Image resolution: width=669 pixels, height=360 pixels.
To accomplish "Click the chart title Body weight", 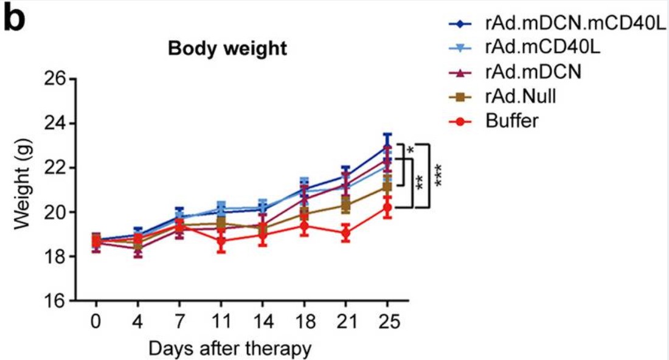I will click(x=227, y=49).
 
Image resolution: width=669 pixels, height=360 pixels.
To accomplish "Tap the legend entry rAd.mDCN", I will click(x=533, y=72).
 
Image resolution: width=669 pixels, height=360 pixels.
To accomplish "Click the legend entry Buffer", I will click(x=511, y=120).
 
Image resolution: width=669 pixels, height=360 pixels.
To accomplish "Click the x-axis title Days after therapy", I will click(x=230, y=348).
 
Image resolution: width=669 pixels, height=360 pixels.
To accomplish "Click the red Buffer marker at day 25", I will click(x=387, y=208).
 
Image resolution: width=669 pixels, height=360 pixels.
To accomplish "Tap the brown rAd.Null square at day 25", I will click(x=387, y=187).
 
